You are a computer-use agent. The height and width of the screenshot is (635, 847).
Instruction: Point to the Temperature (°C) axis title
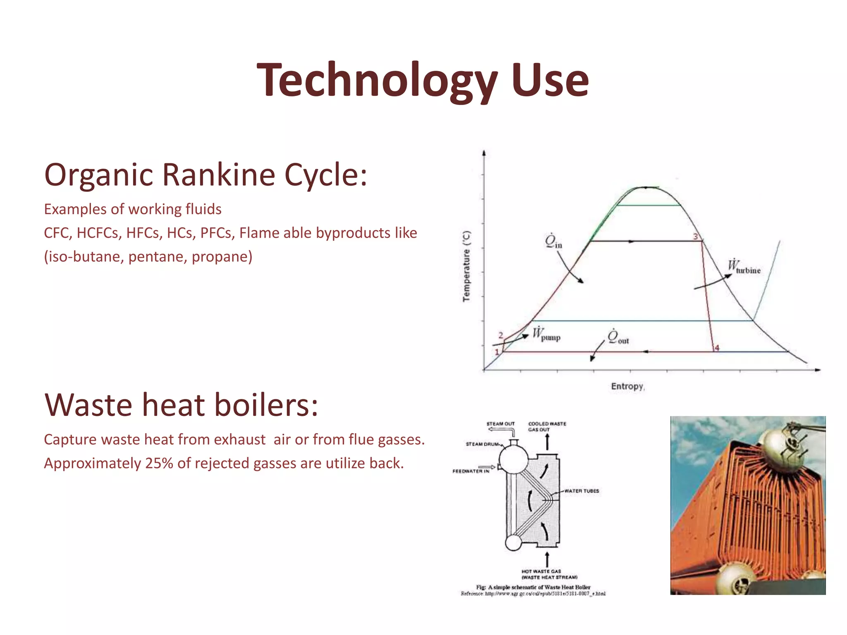[467, 266]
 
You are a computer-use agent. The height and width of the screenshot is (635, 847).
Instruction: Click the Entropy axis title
[627, 386]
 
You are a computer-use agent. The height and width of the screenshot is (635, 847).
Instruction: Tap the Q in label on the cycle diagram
[553, 241]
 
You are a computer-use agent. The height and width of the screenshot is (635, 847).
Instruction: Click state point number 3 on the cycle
[696, 236]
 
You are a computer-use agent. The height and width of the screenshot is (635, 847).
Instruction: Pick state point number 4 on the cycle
[717, 348]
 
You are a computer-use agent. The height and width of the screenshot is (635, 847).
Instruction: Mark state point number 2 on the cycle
[501, 335]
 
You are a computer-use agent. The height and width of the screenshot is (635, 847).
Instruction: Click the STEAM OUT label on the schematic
[500, 424]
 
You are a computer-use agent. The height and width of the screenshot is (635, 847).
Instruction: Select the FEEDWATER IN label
[471, 471]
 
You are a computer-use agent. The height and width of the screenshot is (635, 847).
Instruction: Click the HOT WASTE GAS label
[541, 571]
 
